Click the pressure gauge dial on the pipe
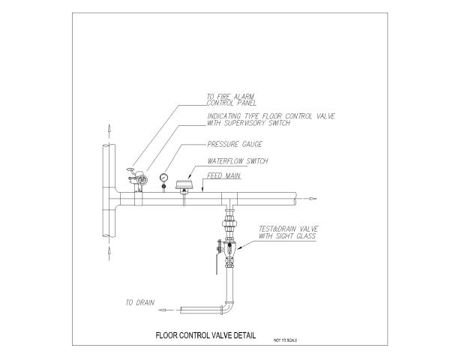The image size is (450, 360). pyautogui.click(x=163, y=177)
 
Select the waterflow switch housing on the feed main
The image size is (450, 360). pyautogui.click(x=183, y=184)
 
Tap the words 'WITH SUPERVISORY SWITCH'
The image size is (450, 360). pyautogui.click(x=248, y=122)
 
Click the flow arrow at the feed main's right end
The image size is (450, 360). pyautogui.click(x=312, y=198)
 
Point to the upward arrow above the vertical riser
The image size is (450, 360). pyautogui.click(x=108, y=130)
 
